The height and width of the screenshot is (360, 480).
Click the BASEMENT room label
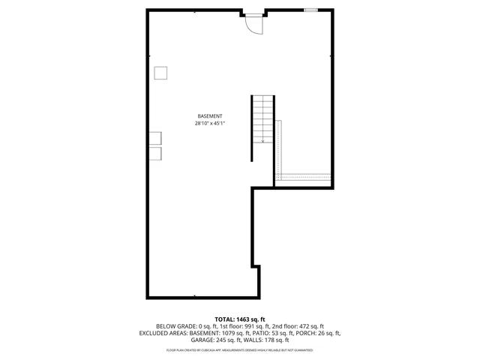[210, 116]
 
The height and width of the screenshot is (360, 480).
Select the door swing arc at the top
[256, 25]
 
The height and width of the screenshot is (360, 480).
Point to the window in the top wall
[310, 10]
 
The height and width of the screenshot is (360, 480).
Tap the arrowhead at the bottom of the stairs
[262, 139]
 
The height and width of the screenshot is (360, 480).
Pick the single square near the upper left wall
[160, 73]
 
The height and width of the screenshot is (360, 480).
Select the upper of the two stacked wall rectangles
[154, 138]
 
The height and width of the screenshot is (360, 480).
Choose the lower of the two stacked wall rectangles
[154, 153]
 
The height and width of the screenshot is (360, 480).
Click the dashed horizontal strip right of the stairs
[304, 176]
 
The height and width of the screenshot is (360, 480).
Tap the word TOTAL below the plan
[224, 319]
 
